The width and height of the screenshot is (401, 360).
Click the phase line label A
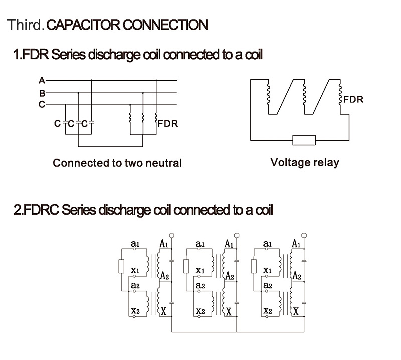(42, 80)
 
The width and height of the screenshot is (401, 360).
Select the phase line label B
(42, 93)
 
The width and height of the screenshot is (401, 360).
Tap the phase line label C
(42, 105)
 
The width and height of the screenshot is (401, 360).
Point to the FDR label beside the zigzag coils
(353, 99)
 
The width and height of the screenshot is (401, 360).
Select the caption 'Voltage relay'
(304, 163)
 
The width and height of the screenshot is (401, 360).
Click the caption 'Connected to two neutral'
(117, 163)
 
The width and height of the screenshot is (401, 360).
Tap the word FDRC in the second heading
(39, 209)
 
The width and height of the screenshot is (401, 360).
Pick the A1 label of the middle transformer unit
(229, 244)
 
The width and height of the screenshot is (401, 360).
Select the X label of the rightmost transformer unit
(296, 312)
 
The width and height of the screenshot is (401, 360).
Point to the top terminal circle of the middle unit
(236, 234)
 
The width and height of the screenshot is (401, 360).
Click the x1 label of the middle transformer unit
(200, 271)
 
